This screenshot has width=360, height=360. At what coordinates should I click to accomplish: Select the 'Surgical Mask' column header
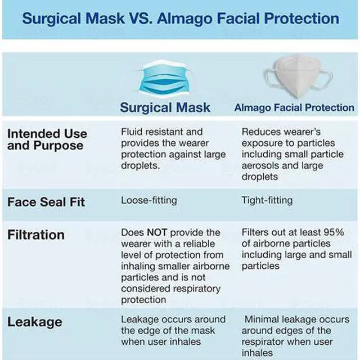point(165,107)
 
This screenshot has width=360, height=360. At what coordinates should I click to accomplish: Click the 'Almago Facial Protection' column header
point(294,107)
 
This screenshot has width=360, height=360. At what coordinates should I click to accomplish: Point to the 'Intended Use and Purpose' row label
point(47,139)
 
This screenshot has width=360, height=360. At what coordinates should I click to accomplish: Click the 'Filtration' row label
point(35,235)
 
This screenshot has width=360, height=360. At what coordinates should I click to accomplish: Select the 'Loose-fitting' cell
point(148,200)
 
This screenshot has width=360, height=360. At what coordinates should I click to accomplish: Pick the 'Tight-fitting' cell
point(267,200)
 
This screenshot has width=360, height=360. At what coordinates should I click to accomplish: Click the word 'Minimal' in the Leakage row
point(263,319)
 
